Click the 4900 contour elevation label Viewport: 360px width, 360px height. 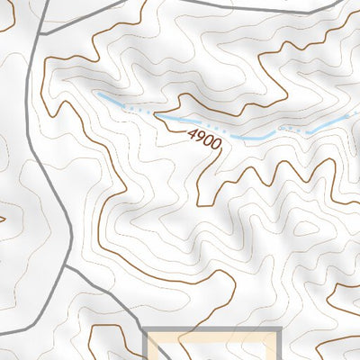(x=203, y=141)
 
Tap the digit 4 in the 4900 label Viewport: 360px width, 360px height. (x=192, y=134)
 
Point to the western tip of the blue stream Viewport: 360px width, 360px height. (x=96, y=94)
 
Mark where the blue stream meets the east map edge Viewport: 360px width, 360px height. (x=358, y=114)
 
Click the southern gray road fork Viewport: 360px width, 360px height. (x=66, y=266)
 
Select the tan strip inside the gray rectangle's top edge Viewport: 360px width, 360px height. (x=213, y=338)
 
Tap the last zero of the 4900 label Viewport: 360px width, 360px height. (x=216, y=147)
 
